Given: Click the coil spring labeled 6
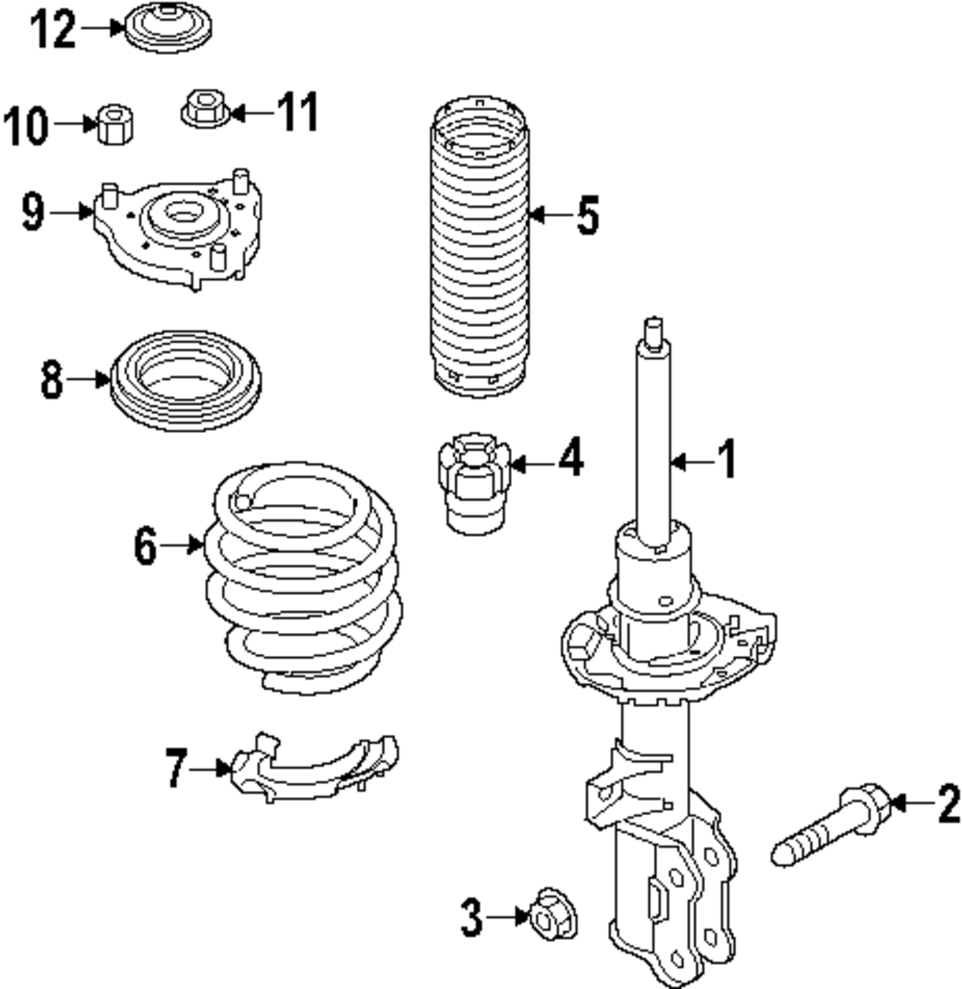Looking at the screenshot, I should [303, 577].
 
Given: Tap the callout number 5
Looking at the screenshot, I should [587, 215].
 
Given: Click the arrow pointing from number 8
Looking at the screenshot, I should [89, 381].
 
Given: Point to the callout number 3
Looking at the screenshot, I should [470, 919].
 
